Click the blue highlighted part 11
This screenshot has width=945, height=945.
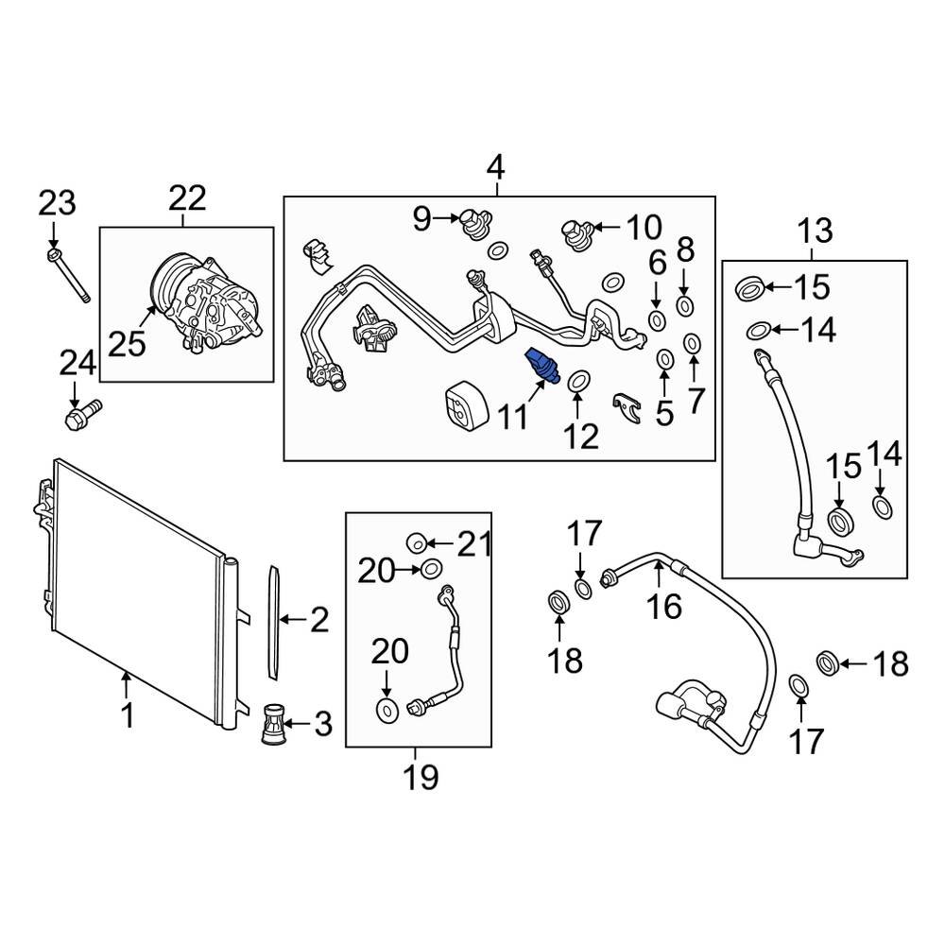pos(542,366)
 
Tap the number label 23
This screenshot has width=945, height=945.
pos(56,203)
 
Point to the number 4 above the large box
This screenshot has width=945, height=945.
pos(495,169)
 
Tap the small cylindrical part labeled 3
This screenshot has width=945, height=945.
pos(272,726)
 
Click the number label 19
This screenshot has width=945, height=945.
pos(421,777)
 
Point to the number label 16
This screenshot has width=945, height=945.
pos(665,606)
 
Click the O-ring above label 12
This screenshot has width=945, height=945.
pos(578,380)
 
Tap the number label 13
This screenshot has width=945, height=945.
pos(815,230)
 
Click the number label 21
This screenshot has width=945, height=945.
pos(475,543)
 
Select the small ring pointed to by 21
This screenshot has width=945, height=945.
pos(416,542)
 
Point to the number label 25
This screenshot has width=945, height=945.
pos(128,343)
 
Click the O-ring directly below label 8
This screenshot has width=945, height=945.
pos(686,304)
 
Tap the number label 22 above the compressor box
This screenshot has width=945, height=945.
pos(187,198)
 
